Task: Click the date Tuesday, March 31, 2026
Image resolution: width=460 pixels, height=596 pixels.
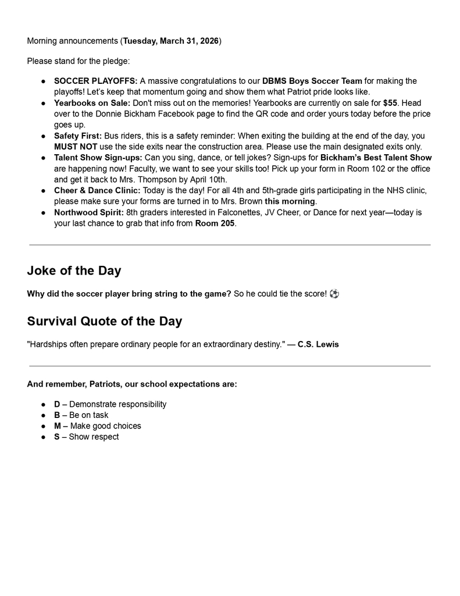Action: [170, 41]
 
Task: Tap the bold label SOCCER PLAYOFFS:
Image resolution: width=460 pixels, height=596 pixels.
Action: [95, 81]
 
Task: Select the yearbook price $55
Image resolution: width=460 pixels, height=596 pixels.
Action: [390, 103]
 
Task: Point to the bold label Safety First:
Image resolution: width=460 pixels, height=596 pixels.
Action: [78, 136]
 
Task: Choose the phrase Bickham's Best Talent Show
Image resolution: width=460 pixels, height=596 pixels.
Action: [376, 158]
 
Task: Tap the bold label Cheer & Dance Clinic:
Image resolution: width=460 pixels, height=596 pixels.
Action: [97, 190]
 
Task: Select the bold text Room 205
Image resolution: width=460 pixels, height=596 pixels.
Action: [215, 223]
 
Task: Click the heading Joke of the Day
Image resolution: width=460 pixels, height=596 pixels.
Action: [74, 271]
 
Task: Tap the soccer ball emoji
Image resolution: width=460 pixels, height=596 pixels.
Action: [334, 294]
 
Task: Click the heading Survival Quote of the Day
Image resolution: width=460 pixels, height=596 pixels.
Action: [104, 321]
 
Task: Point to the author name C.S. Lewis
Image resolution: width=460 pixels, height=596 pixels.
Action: [318, 345]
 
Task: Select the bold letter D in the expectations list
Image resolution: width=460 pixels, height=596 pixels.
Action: [57, 404]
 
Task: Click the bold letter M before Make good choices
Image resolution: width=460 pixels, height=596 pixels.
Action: [58, 426]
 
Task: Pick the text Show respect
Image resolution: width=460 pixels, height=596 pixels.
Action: [94, 437]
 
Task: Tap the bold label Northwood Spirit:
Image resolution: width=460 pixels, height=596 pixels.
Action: [89, 212]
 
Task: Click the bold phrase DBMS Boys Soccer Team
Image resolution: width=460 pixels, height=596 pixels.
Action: [312, 81]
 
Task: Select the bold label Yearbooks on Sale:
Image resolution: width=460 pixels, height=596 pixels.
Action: [92, 103]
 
